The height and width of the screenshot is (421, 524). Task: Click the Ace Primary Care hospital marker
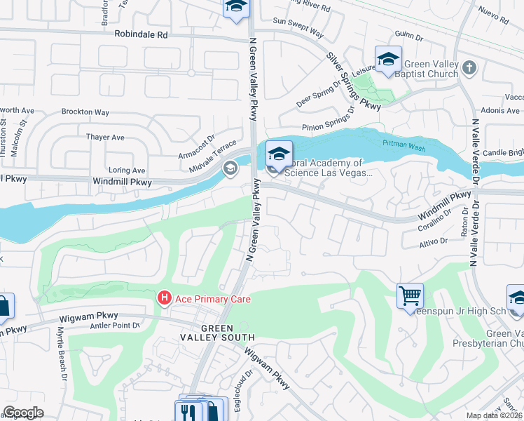pyautogui.click(x=165, y=299)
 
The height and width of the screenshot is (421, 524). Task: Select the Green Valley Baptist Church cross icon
pyautogui.click(x=470, y=68)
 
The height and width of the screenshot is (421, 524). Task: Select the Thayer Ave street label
pyautogui.click(x=105, y=138)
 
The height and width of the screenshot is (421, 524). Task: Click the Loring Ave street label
pyautogui.click(x=127, y=171)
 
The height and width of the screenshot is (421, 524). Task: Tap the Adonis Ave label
pyautogui.click(x=500, y=111)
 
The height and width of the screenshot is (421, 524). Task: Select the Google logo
pyautogui.click(x=23, y=413)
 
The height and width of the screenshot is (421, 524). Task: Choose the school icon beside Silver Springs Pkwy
pyautogui.click(x=387, y=60)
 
